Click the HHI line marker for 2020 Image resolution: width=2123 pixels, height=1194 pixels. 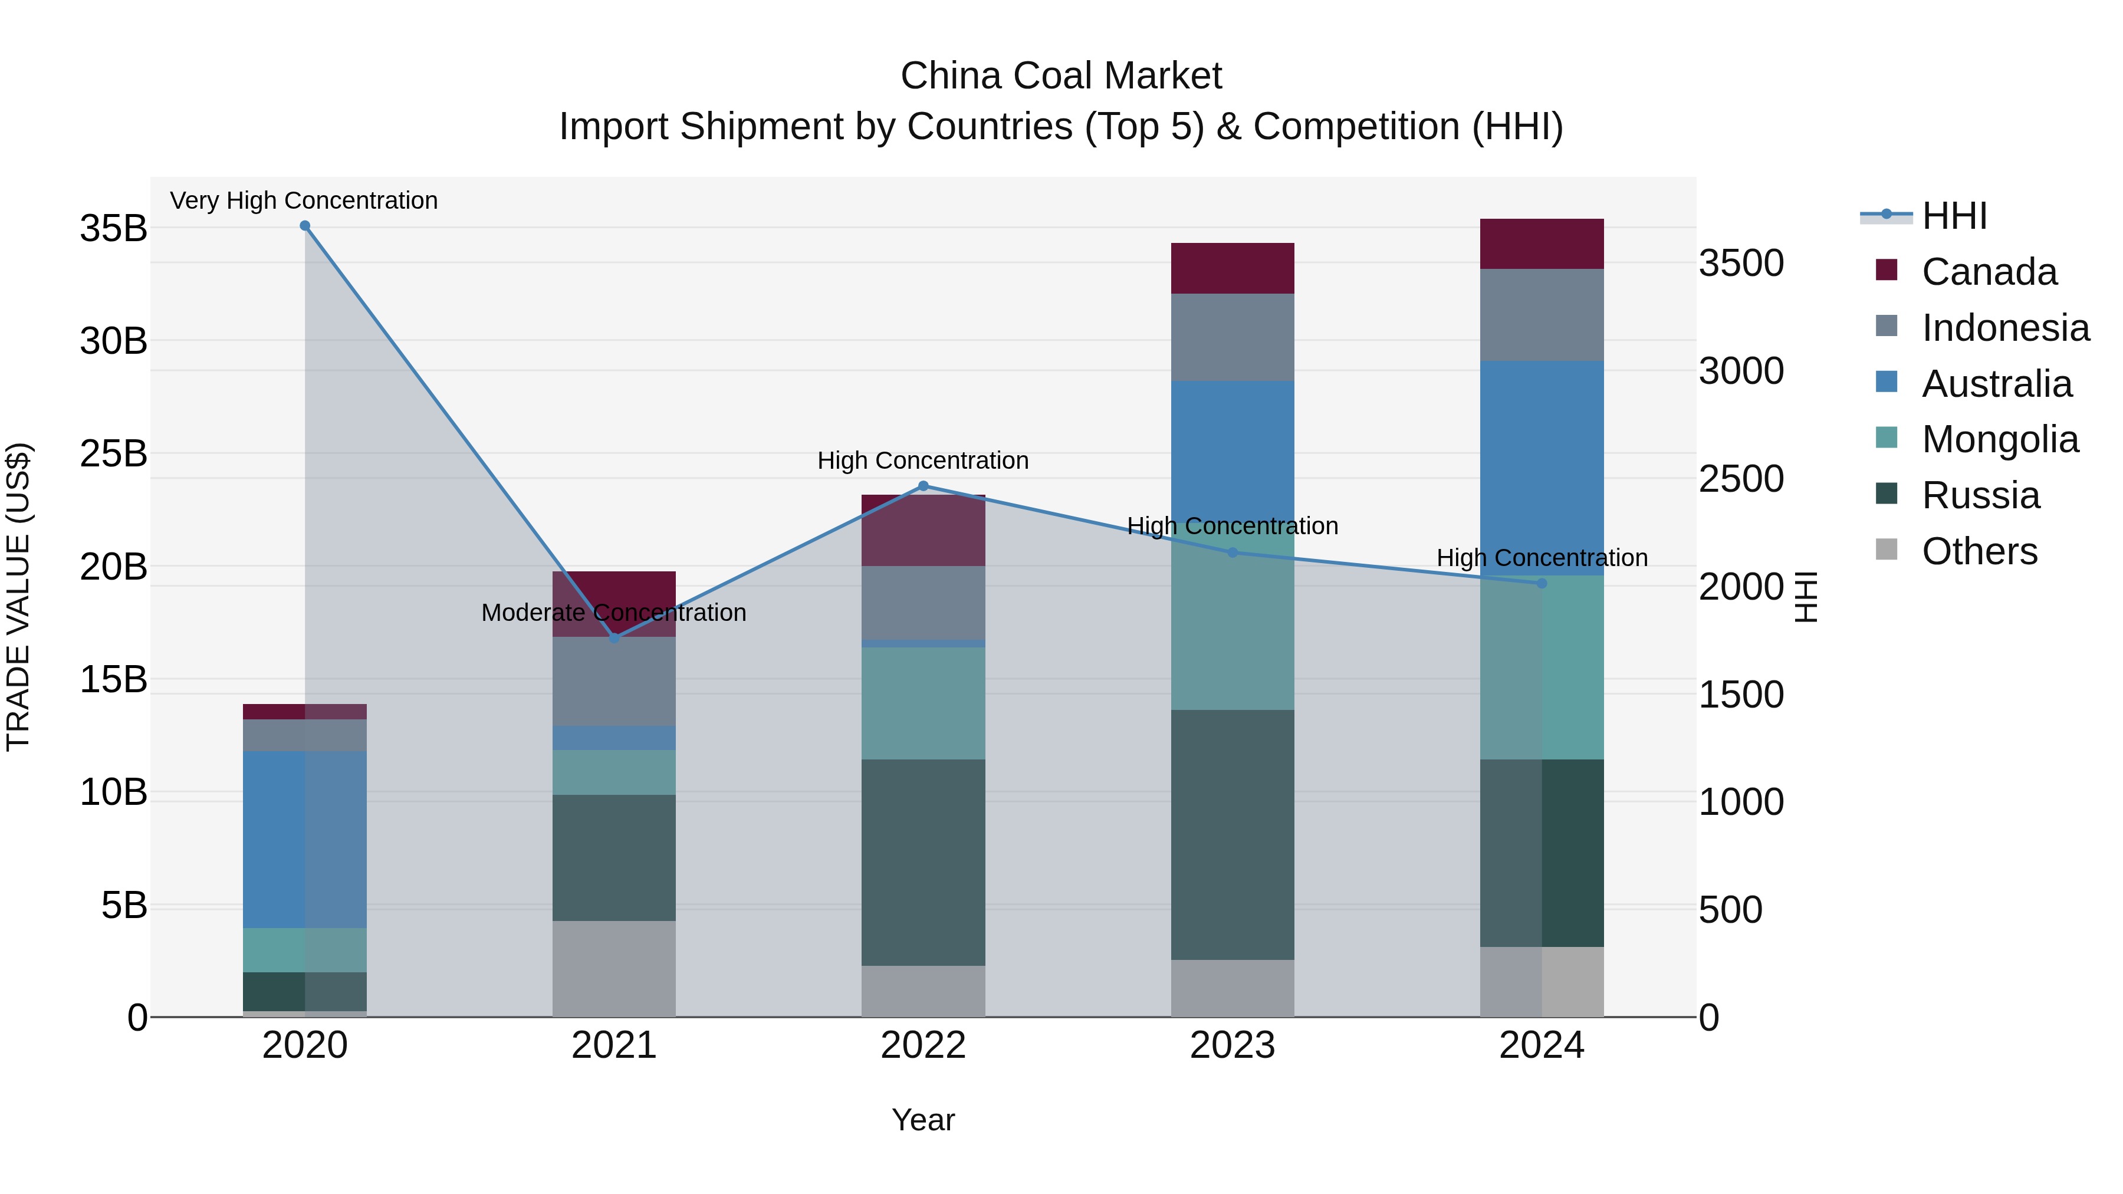[x=305, y=226]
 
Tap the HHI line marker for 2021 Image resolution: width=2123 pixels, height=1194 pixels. [x=614, y=638]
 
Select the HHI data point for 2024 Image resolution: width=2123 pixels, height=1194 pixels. [x=1542, y=583]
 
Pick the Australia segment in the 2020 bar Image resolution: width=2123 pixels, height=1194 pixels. [x=305, y=839]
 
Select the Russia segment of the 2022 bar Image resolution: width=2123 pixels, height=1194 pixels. [x=923, y=862]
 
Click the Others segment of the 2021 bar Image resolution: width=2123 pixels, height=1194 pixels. [x=614, y=968]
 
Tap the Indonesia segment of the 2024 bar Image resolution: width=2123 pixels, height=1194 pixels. [x=1542, y=315]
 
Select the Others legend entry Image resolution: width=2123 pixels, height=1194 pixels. [x=1979, y=551]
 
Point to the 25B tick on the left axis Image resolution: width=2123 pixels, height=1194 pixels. [x=114, y=454]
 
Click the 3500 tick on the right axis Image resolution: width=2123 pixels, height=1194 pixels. [x=1741, y=264]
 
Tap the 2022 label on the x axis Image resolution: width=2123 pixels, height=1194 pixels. [x=923, y=1045]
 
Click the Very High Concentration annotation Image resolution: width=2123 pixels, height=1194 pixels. [x=304, y=200]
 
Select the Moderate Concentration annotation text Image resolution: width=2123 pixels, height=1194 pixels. [x=614, y=612]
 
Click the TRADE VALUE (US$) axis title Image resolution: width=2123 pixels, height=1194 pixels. [x=19, y=597]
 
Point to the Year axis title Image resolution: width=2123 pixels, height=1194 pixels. [x=923, y=1120]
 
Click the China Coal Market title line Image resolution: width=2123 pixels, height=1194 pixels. [x=1061, y=76]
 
